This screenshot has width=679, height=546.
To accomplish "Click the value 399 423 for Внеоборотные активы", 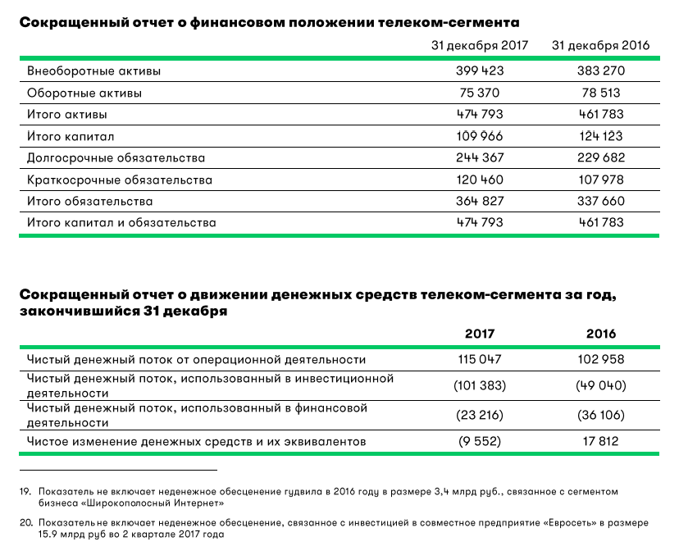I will [x=480, y=71].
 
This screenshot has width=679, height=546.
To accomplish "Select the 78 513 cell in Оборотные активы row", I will [x=601, y=93].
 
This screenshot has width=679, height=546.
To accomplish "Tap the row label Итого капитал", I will [x=71, y=136].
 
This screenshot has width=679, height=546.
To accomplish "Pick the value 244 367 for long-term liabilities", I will [x=480, y=158].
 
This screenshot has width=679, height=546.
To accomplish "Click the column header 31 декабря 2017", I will [x=480, y=46].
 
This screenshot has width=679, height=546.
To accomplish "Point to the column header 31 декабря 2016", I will [x=601, y=46].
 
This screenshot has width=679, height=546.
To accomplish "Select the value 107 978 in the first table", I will [x=601, y=180].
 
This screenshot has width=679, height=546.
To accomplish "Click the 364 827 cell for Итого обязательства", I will [x=480, y=202].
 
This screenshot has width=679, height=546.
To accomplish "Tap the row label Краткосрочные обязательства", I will [x=120, y=180].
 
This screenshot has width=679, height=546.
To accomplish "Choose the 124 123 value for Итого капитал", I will [x=601, y=136].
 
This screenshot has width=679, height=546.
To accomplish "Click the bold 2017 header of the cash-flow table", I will [x=480, y=334].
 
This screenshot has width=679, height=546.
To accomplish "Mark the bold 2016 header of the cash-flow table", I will [x=601, y=334].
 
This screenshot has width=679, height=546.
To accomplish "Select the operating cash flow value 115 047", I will [x=480, y=359].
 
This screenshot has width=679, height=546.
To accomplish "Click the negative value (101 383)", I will [x=480, y=386].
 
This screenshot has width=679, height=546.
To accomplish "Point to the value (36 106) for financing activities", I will [x=601, y=415].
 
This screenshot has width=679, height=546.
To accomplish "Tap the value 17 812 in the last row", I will [x=601, y=442].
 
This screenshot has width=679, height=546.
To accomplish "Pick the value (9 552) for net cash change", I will [x=480, y=442].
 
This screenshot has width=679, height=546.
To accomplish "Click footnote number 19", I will [x=24, y=491].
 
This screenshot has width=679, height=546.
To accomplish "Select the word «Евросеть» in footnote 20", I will [x=568, y=522].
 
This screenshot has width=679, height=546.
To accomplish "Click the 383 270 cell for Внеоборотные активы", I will [x=601, y=71].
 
